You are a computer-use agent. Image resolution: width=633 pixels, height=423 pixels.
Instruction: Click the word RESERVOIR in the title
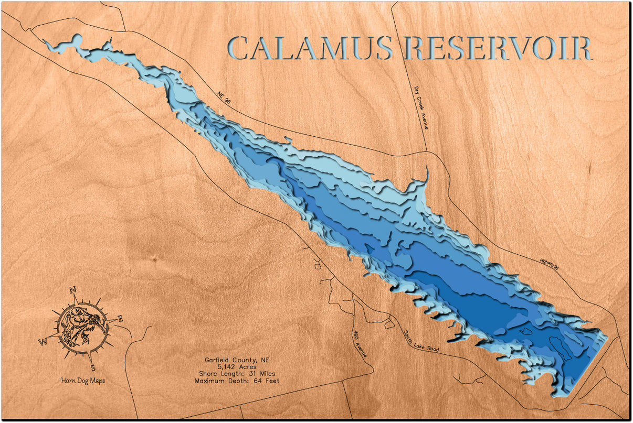pos(499,48)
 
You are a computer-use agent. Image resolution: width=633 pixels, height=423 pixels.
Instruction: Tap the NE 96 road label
pos(224,99)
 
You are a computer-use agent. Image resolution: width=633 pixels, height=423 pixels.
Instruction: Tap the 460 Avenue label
pos(360,344)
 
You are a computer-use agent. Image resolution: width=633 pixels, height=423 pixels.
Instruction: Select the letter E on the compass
pos(120,318)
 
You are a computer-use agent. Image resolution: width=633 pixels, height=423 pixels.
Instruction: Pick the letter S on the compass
pos(93,367)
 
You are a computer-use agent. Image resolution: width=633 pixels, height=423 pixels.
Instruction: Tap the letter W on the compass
pos(43,342)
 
